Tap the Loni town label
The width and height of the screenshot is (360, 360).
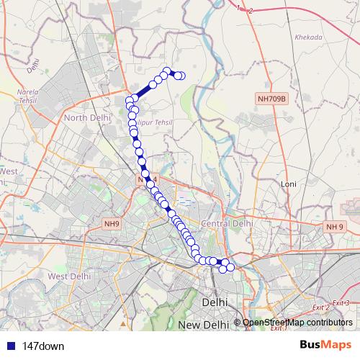(289, 184)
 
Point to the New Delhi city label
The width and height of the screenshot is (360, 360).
(204, 325)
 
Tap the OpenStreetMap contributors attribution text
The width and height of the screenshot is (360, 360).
(297, 323)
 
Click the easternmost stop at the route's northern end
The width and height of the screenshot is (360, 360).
(181, 76)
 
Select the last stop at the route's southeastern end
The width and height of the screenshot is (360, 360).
(230, 268)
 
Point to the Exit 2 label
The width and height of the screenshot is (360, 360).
(323, 308)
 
